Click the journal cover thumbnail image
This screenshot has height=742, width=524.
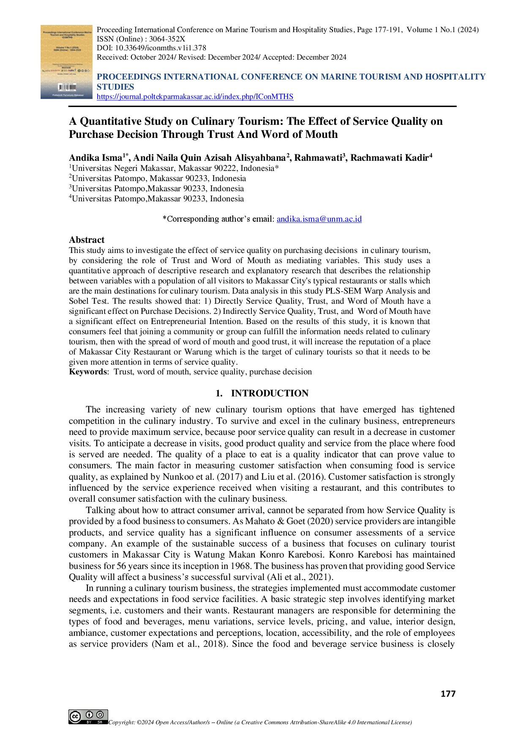tap(66, 62)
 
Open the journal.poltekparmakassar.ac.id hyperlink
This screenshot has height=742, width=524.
tap(195, 96)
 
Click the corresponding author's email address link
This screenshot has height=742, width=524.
tap(319, 219)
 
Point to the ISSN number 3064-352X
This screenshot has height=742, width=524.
tap(167, 39)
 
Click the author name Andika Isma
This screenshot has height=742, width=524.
tap(96, 158)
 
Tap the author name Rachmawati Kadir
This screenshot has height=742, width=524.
tap(389, 158)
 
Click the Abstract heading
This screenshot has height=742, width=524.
tap(87, 239)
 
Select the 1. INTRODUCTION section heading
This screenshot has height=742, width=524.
tap(262, 393)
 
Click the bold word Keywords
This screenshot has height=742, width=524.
tap(88, 372)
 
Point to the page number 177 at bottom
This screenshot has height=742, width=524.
tap(448, 694)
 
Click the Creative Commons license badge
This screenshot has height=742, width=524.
tap(88, 717)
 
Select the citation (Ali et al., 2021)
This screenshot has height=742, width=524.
tap(300, 577)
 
